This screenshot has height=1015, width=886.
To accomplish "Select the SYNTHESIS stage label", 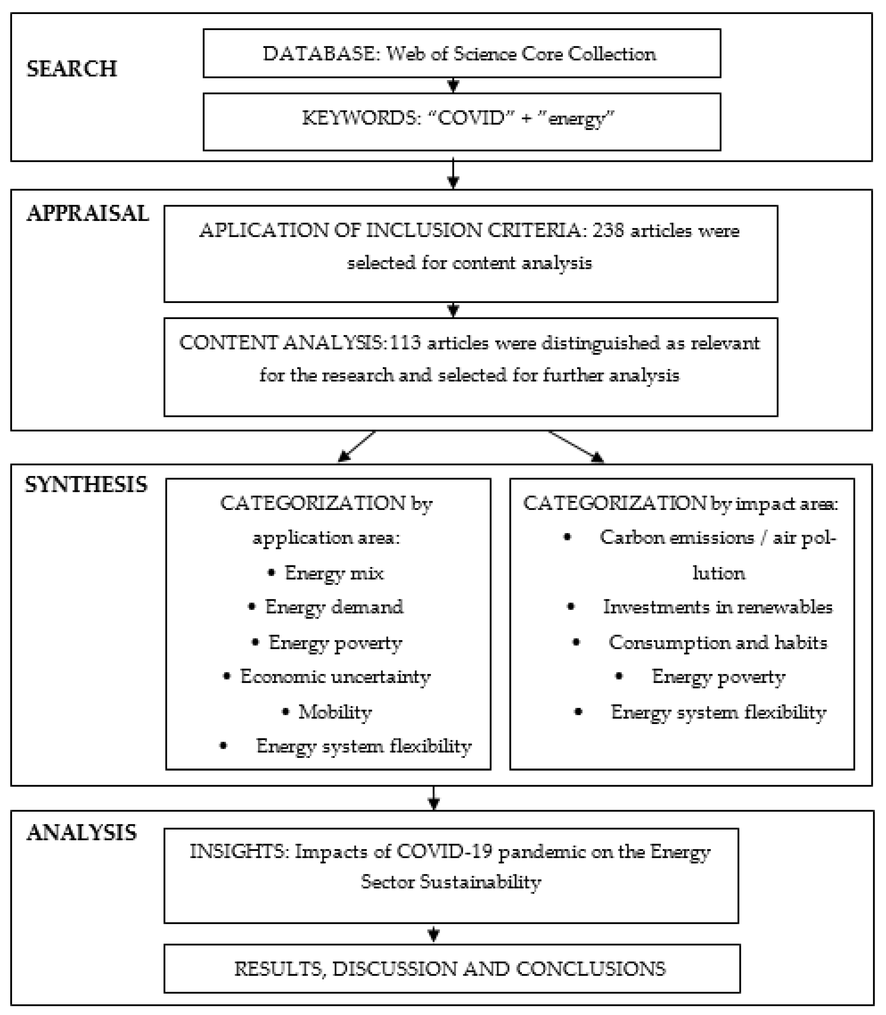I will coord(86,484).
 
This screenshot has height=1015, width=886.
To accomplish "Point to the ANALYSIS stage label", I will coord(82,832).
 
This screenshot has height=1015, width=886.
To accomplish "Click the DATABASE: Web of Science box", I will coord(461,53).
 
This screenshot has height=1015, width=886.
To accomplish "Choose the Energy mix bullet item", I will coord(334,573).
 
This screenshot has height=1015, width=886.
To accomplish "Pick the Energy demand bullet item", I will coord(334,607).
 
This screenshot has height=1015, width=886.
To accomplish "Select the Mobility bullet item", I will coord(335,712).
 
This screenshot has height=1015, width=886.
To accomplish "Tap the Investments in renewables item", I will coord(717,607).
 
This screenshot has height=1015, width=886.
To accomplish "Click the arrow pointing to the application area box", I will coord(356,447).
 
